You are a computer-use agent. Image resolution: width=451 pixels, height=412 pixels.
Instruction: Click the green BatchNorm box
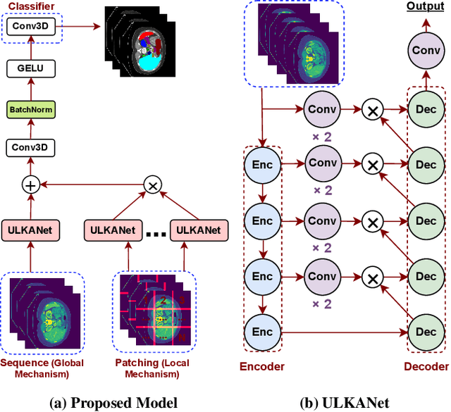point(30,110)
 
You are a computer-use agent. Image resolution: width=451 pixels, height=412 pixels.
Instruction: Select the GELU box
point(30,68)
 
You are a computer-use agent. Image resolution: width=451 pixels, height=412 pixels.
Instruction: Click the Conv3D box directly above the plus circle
point(30,148)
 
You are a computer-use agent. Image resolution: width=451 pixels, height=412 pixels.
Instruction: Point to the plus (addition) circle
point(30,185)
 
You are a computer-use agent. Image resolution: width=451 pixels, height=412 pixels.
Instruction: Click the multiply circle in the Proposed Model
point(152,185)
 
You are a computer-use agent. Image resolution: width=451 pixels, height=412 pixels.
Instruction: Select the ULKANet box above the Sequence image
point(30,230)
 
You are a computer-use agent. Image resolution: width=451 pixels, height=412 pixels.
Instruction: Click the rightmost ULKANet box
point(199,230)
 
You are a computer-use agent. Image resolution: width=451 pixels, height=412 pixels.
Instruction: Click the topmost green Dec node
point(427,109)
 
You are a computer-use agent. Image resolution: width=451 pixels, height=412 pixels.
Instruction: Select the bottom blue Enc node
point(262,330)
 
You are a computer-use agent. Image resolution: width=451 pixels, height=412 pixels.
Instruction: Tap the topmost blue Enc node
point(262,164)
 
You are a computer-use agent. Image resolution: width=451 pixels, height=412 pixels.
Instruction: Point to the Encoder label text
point(262,366)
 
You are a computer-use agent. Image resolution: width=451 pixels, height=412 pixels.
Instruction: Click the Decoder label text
point(426,366)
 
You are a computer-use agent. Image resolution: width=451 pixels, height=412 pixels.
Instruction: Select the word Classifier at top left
point(30,6)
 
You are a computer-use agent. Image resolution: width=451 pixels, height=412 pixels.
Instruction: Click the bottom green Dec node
point(427,330)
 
